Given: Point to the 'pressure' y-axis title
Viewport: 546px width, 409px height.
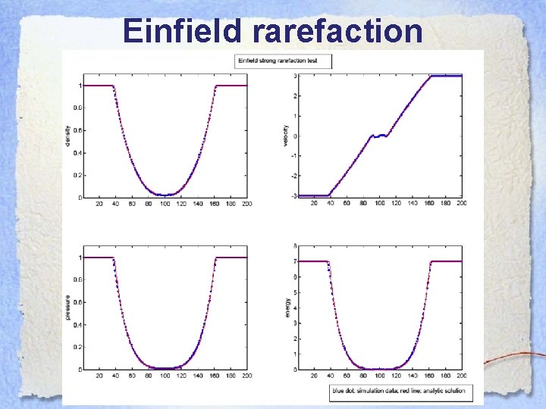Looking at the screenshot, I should pyautogui.click(x=68, y=308).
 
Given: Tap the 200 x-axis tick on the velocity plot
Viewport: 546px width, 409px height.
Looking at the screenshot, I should pyautogui.click(x=461, y=204).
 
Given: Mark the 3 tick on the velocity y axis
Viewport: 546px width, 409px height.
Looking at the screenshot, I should pyautogui.click(x=295, y=76).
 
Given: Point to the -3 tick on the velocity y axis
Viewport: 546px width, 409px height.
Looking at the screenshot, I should pyautogui.click(x=294, y=196).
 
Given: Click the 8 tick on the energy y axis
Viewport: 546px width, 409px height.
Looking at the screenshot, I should pyautogui.click(x=295, y=246).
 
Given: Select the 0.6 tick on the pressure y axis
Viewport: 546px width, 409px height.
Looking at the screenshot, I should pyautogui.click(x=76, y=302).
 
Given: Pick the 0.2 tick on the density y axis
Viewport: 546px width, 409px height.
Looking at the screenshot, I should pyautogui.click(x=76, y=175).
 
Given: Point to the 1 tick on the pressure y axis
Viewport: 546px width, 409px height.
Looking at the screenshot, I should pyautogui.click(x=78, y=258).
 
